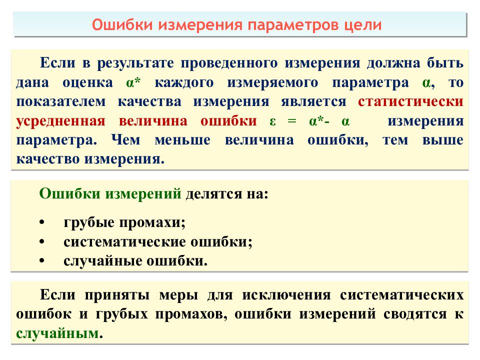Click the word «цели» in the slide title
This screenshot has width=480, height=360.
point(362,25)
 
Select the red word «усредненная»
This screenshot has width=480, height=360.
point(60,121)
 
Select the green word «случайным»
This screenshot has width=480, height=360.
point(55,333)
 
